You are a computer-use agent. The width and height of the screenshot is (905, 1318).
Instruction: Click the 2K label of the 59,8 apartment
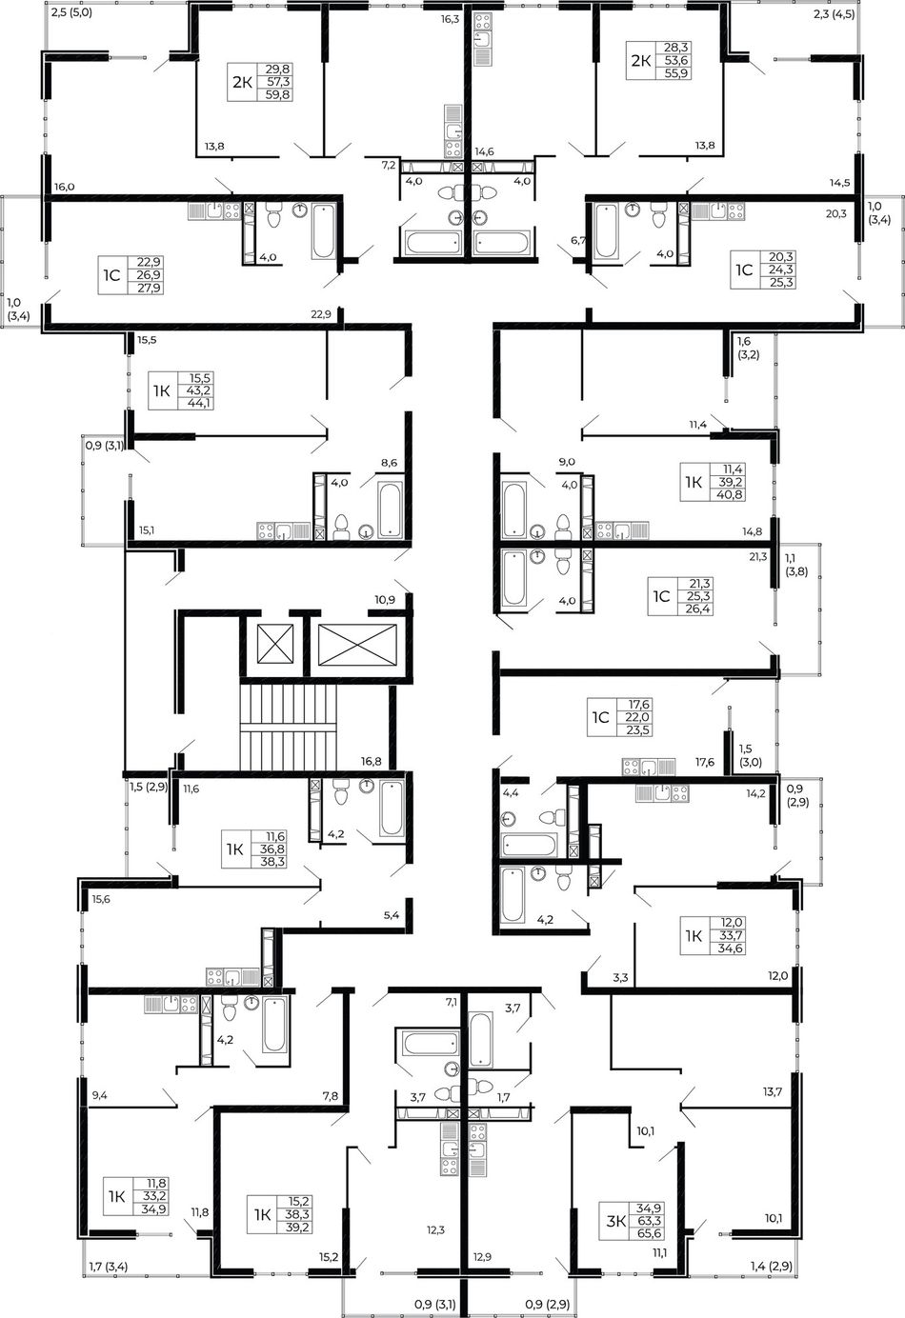click(x=242, y=82)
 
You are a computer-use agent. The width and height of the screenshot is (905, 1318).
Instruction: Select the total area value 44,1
click(x=200, y=403)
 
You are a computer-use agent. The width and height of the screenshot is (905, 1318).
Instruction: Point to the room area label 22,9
click(x=321, y=314)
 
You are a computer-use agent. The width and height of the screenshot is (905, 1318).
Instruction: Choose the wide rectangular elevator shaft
click(x=357, y=645)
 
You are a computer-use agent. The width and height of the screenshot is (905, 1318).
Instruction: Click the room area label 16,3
click(x=450, y=19)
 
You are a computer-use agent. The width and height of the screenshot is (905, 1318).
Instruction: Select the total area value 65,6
click(x=649, y=1234)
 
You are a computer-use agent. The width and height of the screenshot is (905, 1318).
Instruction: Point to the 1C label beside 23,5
click(x=600, y=717)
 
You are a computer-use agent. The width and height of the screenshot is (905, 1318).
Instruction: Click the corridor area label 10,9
click(x=385, y=600)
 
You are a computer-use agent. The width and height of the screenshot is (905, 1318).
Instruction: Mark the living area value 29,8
click(x=278, y=69)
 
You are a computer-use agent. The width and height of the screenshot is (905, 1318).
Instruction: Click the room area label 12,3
click(x=435, y=1229)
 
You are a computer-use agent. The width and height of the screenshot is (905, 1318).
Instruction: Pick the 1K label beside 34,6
click(x=694, y=935)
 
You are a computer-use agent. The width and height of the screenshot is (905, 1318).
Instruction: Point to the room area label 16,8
click(x=372, y=762)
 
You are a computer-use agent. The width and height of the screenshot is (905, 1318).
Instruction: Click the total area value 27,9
click(x=150, y=288)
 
